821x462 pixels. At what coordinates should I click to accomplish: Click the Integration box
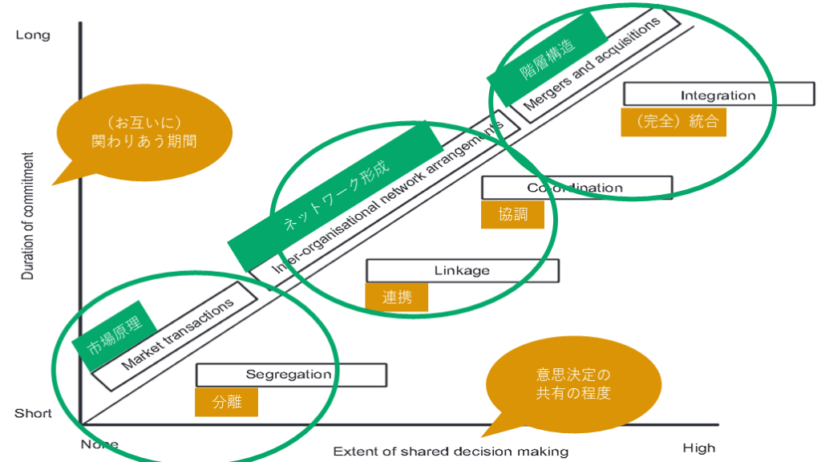click(718, 95)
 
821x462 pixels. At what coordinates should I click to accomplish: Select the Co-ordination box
click(576, 188)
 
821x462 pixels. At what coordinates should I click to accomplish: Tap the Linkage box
click(462, 270)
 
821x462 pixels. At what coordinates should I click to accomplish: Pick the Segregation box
click(290, 375)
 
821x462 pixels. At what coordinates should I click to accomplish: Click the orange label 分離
click(226, 403)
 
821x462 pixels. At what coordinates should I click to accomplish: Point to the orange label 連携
click(396, 297)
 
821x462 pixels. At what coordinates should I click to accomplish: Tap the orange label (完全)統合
click(673, 123)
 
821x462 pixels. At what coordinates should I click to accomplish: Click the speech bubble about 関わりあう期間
click(144, 132)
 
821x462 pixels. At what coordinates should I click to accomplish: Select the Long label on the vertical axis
click(32, 35)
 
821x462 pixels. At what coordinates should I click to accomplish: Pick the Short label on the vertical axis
click(33, 414)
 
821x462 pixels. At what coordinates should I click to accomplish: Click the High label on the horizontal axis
click(698, 447)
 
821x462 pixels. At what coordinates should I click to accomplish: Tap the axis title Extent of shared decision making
click(451, 451)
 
